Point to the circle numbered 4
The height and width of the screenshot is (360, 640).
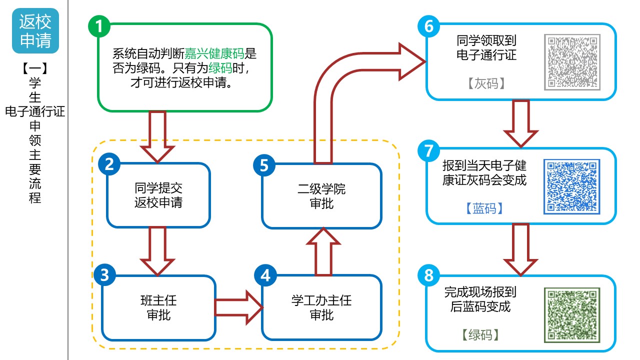point(265,275)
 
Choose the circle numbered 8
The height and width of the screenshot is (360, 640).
point(428,275)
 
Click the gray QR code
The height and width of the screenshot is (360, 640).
point(572,62)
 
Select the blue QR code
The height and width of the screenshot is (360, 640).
point(572,187)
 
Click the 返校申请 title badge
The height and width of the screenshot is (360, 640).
point(35,31)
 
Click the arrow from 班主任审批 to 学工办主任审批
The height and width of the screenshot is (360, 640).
point(238,307)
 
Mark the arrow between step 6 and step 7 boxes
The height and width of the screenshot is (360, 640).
point(520,123)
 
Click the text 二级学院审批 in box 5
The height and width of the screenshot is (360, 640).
point(321,196)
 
